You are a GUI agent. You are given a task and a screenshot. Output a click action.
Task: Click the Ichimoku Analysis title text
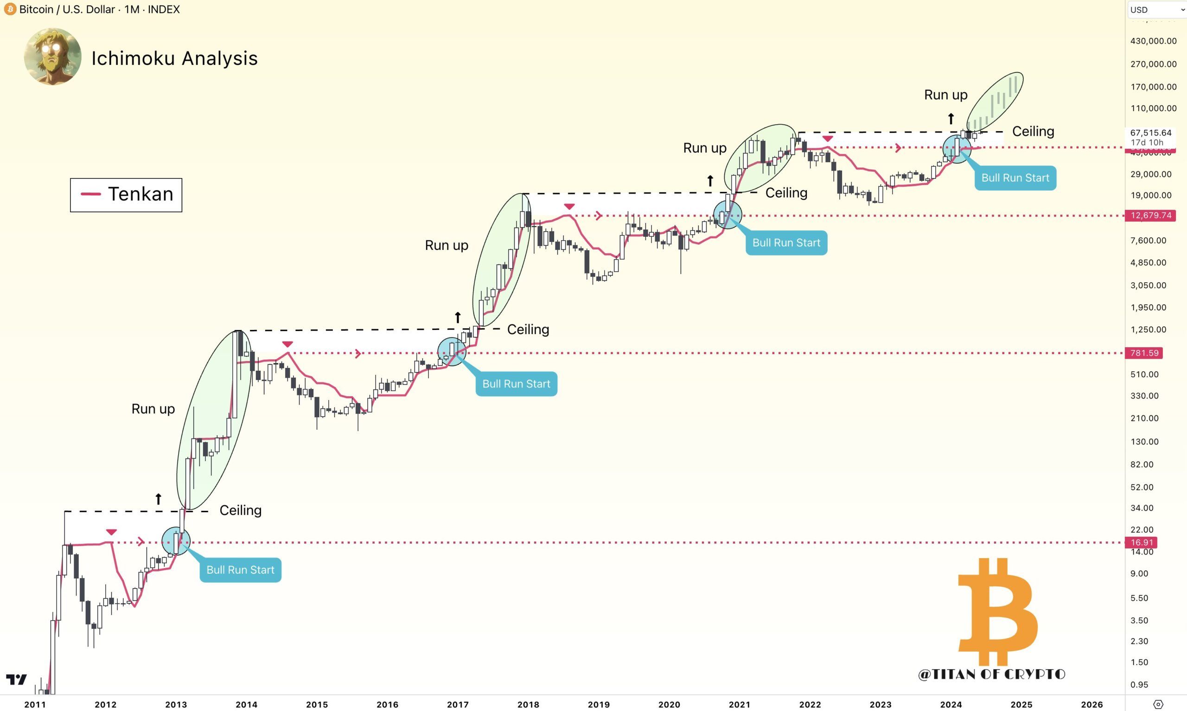[174, 58]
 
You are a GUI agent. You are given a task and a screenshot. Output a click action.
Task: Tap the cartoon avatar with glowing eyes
[53, 57]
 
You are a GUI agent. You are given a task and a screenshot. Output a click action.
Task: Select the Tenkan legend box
[126, 195]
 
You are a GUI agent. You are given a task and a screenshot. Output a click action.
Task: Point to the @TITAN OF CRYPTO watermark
[991, 674]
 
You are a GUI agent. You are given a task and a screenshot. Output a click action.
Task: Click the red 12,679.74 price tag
[1150, 216]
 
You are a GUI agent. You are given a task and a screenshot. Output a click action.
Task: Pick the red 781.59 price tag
[1144, 353]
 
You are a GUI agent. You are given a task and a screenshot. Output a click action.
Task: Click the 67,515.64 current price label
[1150, 133]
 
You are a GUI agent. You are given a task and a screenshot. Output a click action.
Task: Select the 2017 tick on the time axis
[458, 705]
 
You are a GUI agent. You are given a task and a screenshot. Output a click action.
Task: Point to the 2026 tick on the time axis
[1091, 705]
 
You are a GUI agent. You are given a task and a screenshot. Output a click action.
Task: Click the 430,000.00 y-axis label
[1153, 41]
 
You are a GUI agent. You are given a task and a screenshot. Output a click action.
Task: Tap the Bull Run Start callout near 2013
[240, 570]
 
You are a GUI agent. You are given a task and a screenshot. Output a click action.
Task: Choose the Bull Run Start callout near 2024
[1015, 178]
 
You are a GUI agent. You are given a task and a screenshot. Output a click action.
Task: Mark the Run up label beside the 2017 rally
[446, 245]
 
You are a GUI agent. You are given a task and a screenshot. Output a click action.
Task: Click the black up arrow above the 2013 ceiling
[159, 499]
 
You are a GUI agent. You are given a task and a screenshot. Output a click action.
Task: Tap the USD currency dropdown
[1156, 10]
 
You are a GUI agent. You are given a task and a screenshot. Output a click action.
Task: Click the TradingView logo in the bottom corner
[16, 679]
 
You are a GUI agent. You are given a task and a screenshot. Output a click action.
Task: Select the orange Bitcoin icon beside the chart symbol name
[10, 9]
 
